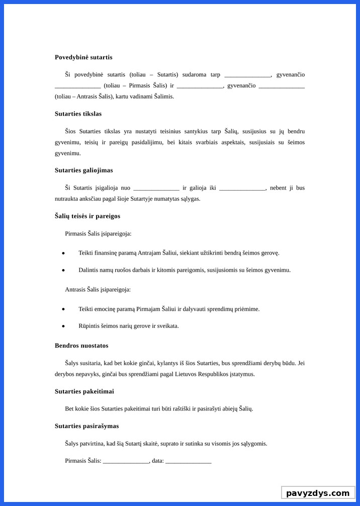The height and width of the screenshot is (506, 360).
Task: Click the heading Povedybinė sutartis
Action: coord(83,57)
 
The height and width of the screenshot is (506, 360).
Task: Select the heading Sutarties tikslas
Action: coord(78,114)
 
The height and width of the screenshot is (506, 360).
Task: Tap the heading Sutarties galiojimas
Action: coord(83,170)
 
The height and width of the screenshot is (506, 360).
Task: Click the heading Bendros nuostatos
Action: coord(81,346)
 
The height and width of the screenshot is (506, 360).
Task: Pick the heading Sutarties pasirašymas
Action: coord(86,426)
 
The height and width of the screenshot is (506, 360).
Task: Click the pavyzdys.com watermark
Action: coord(318,493)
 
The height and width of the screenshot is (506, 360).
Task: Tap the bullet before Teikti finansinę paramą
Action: coord(63,253)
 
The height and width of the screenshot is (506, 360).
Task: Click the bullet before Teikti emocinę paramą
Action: coord(63,309)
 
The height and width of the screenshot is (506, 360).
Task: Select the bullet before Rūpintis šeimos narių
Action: coord(63,326)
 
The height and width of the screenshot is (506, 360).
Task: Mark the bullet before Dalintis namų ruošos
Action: coord(63,270)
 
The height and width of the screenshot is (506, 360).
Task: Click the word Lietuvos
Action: coord(199,374)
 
